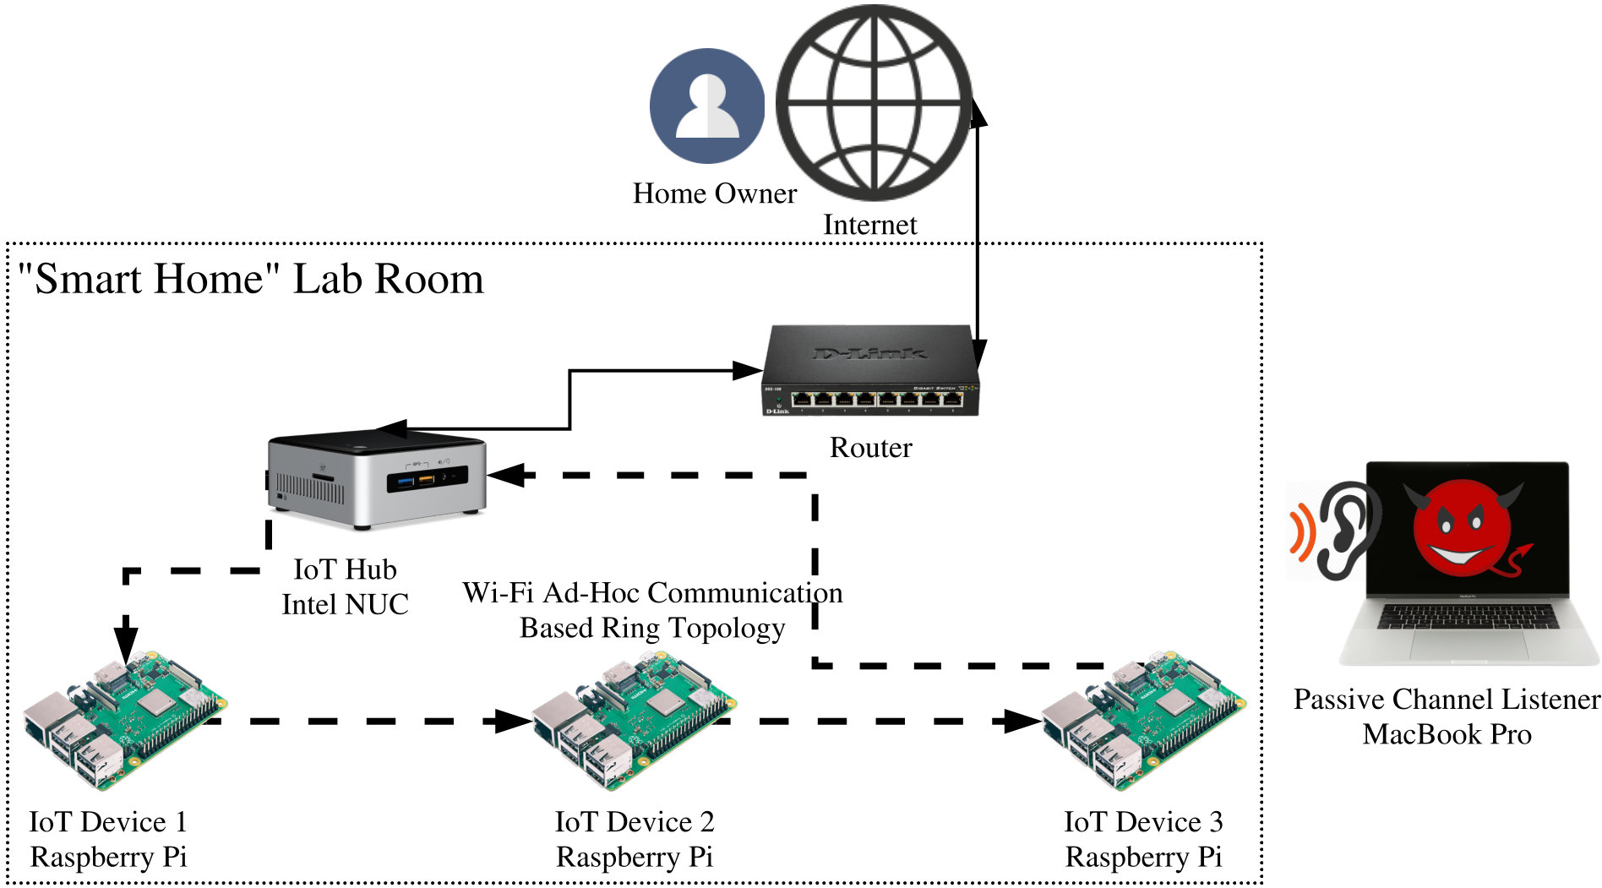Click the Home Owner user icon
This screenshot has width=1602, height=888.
(x=707, y=106)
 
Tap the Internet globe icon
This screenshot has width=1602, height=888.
(x=873, y=103)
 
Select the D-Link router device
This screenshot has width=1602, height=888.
(x=870, y=371)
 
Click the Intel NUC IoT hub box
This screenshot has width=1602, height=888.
(x=376, y=479)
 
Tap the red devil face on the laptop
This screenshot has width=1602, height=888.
(x=1466, y=529)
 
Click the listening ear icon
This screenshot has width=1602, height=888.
(x=1335, y=531)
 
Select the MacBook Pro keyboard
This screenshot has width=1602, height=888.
(x=1468, y=616)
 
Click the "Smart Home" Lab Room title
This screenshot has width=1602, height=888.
(x=251, y=279)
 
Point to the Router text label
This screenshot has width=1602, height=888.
(x=871, y=447)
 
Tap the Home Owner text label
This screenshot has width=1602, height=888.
(x=715, y=193)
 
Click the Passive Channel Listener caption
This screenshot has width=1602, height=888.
(x=1447, y=700)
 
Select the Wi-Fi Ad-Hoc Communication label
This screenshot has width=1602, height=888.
(x=652, y=593)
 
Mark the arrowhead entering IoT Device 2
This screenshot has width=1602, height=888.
(x=514, y=721)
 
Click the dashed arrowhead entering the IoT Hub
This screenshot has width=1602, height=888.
(x=506, y=475)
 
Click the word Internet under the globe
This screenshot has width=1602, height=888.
(x=870, y=225)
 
